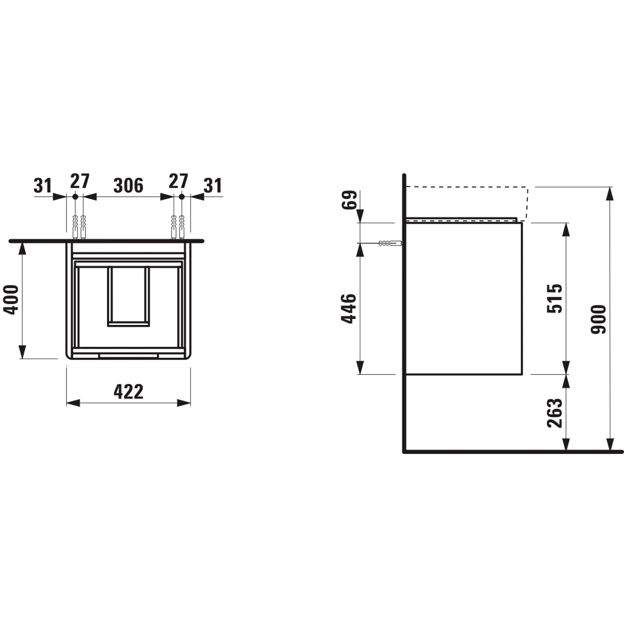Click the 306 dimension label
pyautogui.click(x=128, y=186)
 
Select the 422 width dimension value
pyautogui.click(x=128, y=392)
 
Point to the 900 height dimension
pyautogui.click(x=598, y=319)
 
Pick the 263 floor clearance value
pyautogui.click(x=554, y=413)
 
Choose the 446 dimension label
pyautogui.click(x=349, y=309)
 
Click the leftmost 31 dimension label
pyautogui.click(x=43, y=186)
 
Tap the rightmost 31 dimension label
pyautogui.click(x=213, y=186)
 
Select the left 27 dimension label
pyautogui.click(x=80, y=182)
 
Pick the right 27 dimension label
pyautogui.click(x=178, y=182)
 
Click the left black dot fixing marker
pyautogui.click(x=75, y=196)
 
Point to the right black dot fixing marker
pyautogui.click(x=182, y=196)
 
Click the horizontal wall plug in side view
pyautogui.click(x=390, y=243)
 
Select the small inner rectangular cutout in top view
pyautogui.click(x=129, y=296)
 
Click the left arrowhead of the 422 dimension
pyautogui.click(x=73, y=403)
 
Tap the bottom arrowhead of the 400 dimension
pyautogui.click(x=22, y=352)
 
